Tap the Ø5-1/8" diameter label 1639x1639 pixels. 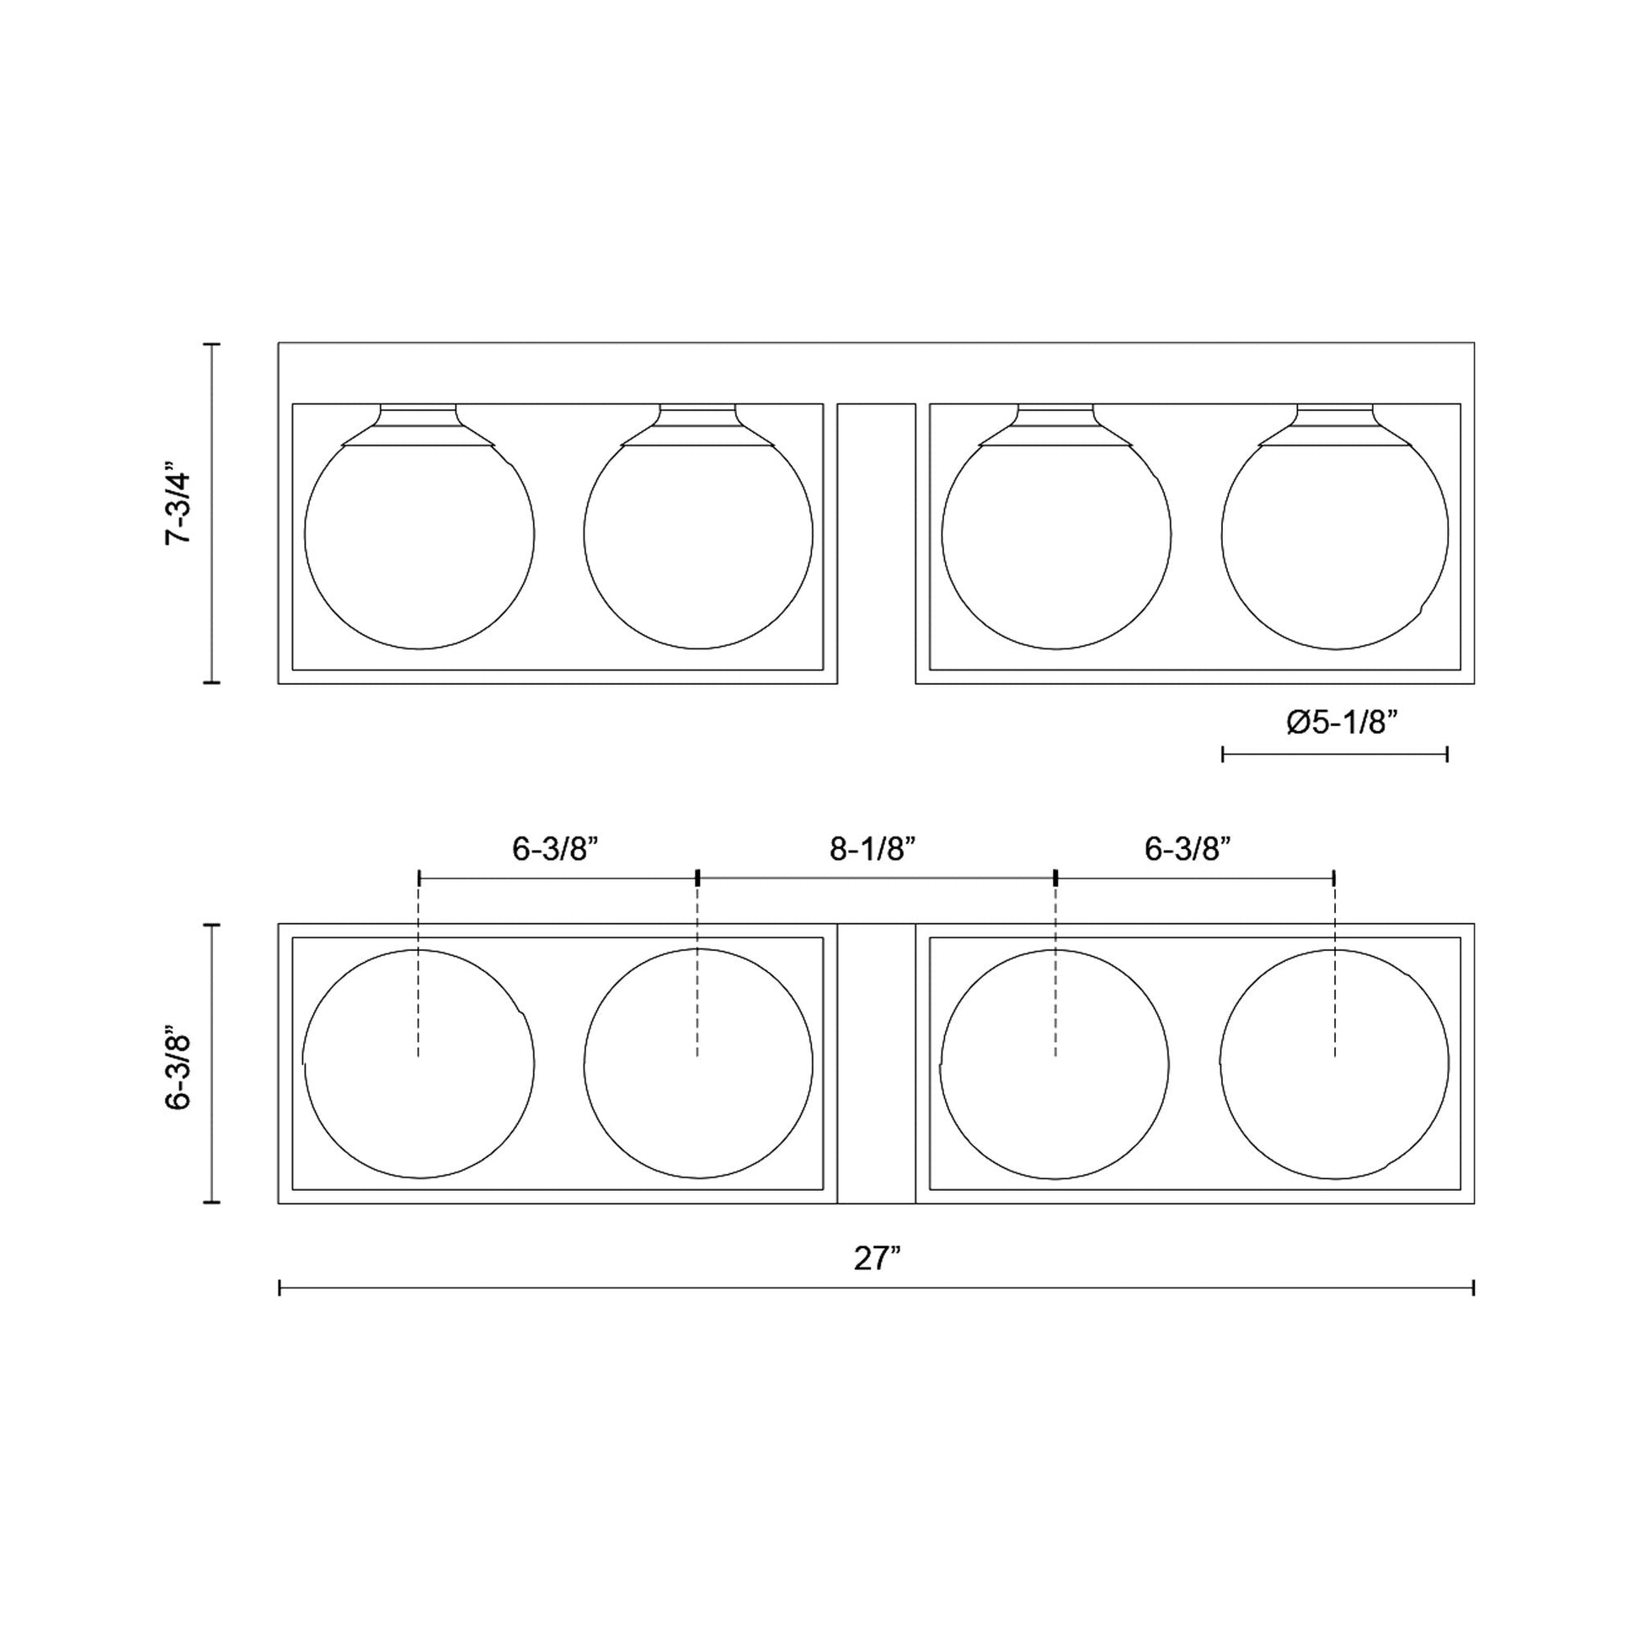pyautogui.click(x=1341, y=723)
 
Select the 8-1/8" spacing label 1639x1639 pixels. pyautogui.click(x=873, y=849)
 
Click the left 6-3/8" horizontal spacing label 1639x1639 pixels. pyautogui.click(x=556, y=849)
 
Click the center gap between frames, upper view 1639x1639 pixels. pyautogui.click(x=876, y=543)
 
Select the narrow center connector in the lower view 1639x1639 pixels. pyautogui.click(x=876, y=1064)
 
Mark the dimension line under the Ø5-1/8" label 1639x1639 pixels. pyautogui.click(x=1334, y=753)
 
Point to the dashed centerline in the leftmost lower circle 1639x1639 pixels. pyautogui.click(x=419, y=1001)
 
